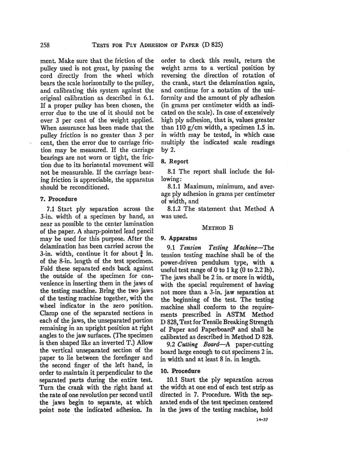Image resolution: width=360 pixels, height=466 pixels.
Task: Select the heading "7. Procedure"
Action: [58, 199]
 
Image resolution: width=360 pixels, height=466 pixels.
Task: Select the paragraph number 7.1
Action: [52, 209]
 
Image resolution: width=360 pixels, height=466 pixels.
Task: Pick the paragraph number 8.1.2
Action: [176, 209]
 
